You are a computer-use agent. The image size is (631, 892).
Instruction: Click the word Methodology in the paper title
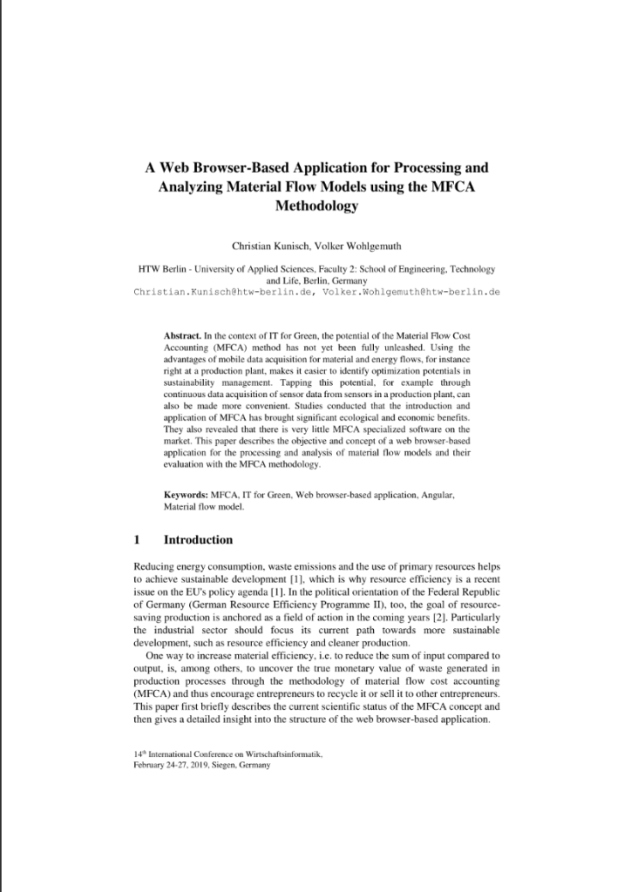[315, 206]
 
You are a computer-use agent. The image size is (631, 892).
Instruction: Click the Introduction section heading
[198, 539]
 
